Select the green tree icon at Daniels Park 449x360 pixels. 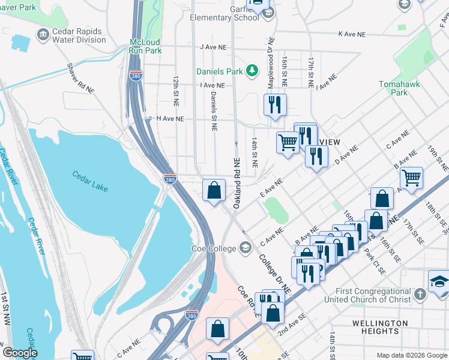pos(253,71)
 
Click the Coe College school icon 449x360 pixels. pos(245,247)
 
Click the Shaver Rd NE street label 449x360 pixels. pos(81,77)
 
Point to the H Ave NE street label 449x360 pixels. pos(170,119)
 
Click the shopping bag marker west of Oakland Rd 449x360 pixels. pos(214,191)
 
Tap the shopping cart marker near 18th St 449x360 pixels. pos(411,178)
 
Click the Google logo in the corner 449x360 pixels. pos(20,353)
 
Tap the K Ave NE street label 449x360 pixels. pos(351,34)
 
